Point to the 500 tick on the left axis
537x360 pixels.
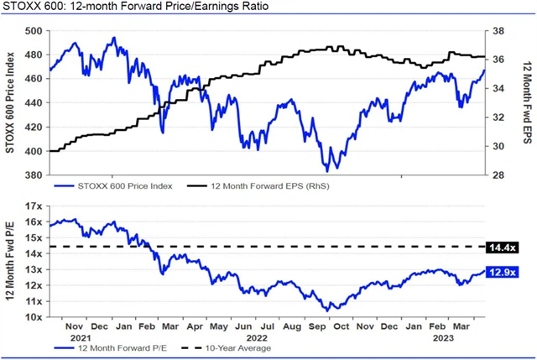coord(33,31)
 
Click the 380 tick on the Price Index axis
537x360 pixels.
coord(33,175)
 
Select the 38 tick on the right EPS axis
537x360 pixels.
coord(497,31)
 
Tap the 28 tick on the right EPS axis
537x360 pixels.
coord(497,175)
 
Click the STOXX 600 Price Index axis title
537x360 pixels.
coord(10,102)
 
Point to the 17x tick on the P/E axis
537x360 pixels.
coord(34,206)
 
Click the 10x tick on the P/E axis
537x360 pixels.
coord(34,318)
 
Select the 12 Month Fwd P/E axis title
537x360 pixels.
coord(11,261)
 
